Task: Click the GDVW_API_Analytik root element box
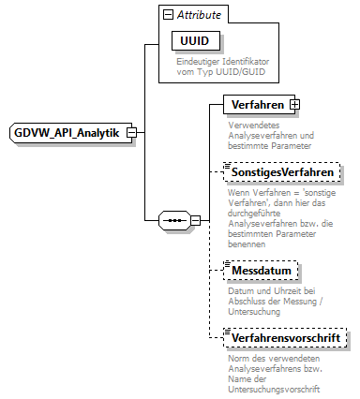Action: [x=67, y=132]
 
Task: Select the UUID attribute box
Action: [x=188, y=42]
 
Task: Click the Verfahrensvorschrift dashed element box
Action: [x=286, y=335]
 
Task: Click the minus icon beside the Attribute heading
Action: [x=168, y=16]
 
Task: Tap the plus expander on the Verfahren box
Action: [x=294, y=104]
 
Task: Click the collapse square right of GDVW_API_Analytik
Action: [x=132, y=132]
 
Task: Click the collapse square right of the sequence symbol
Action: [x=195, y=221]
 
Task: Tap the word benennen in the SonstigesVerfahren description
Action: [x=245, y=244]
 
